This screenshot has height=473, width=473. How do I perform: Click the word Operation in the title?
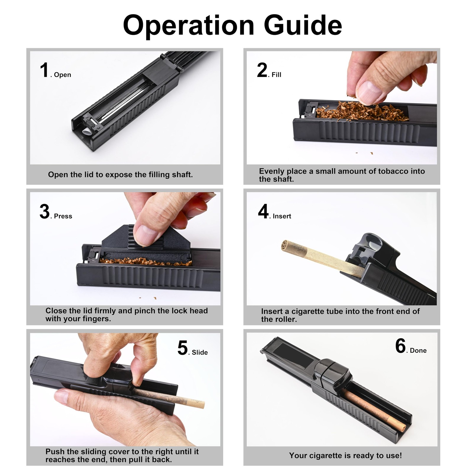pyautogui.click(x=189, y=26)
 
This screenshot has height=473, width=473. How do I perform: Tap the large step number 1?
pyautogui.click(x=44, y=70)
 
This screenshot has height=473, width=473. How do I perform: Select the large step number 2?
pyautogui.click(x=262, y=70)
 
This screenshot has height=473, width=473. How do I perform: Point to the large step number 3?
pyautogui.click(x=45, y=211)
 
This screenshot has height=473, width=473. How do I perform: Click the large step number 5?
pyautogui.click(x=182, y=347)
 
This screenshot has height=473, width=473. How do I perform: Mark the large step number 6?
pyautogui.click(x=401, y=346)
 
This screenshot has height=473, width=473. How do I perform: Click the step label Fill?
pyautogui.click(x=276, y=75)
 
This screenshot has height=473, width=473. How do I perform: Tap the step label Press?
pyautogui.click(x=63, y=216)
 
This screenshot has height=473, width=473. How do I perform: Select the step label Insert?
pyautogui.click(x=282, y=216)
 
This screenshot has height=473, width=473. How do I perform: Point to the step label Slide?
pyautogui.click(x=200, y=352)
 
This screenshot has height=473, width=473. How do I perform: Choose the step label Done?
pyautogui.click(x=418, y=351)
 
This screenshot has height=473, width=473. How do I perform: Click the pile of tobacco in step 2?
pyautogui.click(x=362, y=111)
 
